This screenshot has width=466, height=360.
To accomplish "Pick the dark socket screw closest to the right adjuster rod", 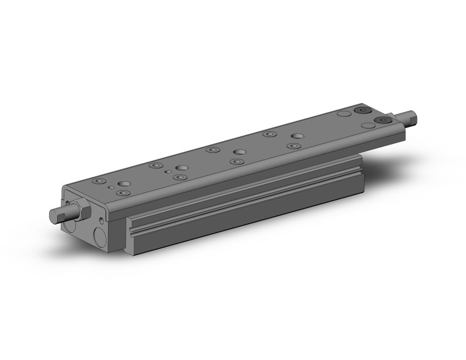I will [386, 120].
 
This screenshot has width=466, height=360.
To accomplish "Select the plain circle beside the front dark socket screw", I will [368, 125].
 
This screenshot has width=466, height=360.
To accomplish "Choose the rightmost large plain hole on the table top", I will [297, 136].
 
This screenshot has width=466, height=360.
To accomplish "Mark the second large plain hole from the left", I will [181, 167].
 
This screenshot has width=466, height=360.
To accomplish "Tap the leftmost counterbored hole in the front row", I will [123, 193].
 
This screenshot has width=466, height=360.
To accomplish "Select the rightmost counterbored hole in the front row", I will [294, 147].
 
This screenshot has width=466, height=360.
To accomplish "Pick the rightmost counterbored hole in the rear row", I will [269, 134].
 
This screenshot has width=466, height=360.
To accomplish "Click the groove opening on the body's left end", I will [132, 234].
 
